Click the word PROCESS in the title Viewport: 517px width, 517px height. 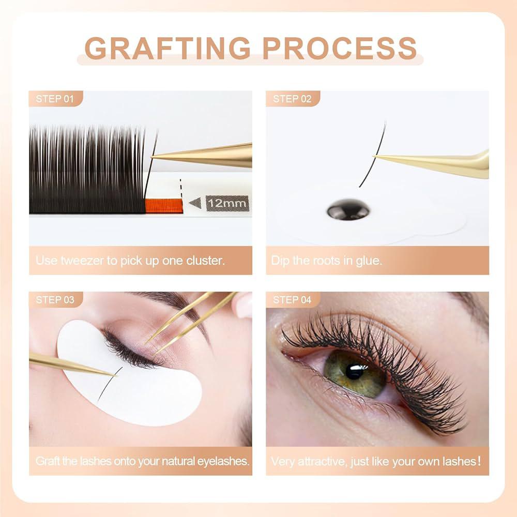click(340, 48)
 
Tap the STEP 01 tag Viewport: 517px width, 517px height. click(55, 99)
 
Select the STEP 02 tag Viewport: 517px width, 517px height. click(292, 99)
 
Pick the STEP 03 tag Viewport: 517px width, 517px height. click(55, 300)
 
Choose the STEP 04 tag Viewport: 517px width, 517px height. click(292, 300)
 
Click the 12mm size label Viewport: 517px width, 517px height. click(227, 203)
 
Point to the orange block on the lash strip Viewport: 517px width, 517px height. click(164, 206)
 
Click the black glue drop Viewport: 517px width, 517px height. click(348, 209)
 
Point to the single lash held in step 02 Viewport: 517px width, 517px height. click(373, 155)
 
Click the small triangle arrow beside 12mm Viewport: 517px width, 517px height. click(195, 203)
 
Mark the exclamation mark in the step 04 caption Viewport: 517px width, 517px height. click(479, 461)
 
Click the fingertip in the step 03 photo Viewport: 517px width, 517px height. click(243, 305)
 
